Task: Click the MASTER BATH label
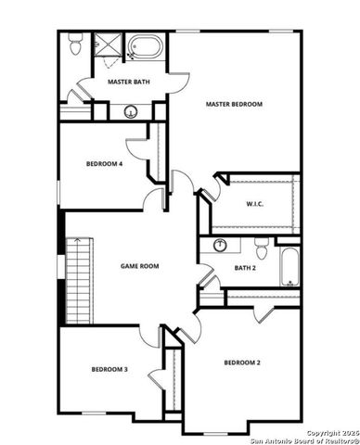129,82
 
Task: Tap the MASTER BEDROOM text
234,105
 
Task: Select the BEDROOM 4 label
104,164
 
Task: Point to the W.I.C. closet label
256,204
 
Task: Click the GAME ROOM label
140,266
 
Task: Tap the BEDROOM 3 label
109,369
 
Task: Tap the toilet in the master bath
75,44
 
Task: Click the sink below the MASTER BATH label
131,111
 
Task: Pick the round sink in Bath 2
221,246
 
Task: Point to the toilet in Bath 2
262,248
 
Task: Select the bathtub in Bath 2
289,266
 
